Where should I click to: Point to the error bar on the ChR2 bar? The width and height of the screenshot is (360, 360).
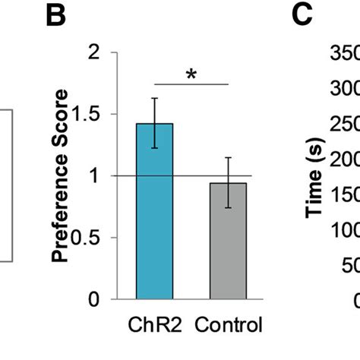[x=154, y=122]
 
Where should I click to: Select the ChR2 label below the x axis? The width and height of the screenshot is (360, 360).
[x=154, y=326]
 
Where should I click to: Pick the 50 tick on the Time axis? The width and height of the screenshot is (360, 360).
[x=351, y=266]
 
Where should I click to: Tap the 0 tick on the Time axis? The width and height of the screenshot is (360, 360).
[x=355, y=298]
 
